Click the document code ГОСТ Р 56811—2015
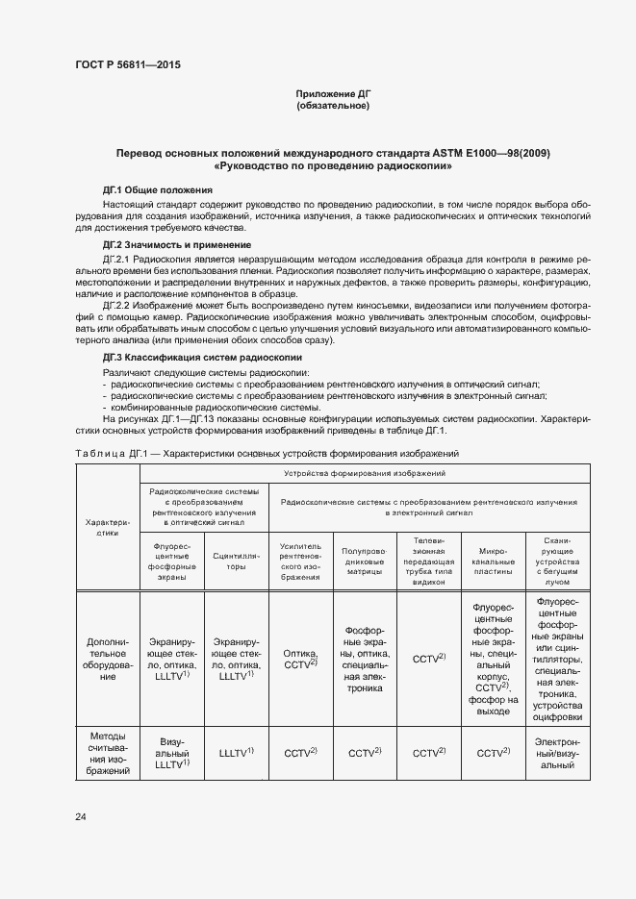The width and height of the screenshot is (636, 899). pos(127,64)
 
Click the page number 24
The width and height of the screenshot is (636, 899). pos(80,816)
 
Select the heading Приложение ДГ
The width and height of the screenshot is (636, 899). pos(332,93)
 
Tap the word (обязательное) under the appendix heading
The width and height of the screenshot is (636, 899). pos(332,106)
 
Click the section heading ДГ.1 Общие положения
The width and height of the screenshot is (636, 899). pos(158,190)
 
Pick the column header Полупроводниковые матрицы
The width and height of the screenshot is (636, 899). pos(364,562)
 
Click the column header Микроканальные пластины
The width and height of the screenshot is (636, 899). pos(492,562)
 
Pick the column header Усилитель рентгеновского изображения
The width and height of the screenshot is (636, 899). pos(300,562)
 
